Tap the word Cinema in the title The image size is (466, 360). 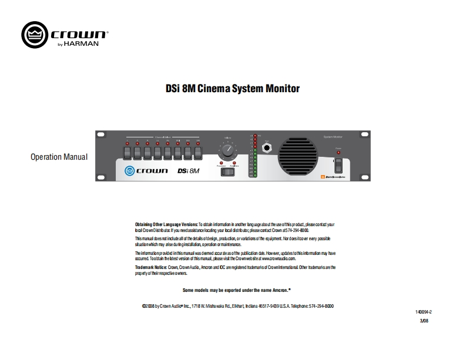click(x=212, y=89)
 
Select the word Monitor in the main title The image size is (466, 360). click(x=278, y=89)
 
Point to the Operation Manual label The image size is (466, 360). click(x=59, y=157)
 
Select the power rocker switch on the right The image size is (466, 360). click(x=338, y=164)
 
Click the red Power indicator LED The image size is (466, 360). click(x=338, y=153)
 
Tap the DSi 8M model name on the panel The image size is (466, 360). click(x=188, y=171)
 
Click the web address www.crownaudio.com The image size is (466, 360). click(x=278, y=258)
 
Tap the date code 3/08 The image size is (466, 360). click(x=424, y=321)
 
